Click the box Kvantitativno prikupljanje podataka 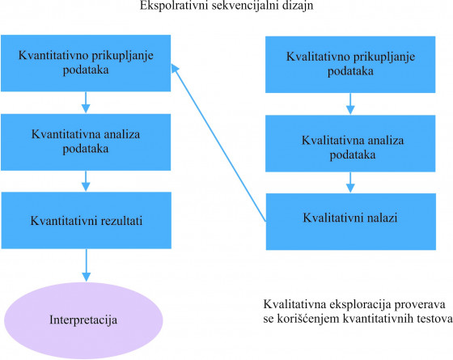click(86, 63)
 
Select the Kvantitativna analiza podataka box click(86, 142)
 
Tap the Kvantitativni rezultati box click(86, 220)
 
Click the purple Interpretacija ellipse click(83, 320)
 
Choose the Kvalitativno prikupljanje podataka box click(350, 65)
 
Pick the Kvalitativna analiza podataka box click(350, 144)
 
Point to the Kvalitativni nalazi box click(351, 222)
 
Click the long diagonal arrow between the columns click(218, 142)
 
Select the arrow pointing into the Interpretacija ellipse click(86, 265)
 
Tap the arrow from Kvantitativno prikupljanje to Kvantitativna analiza click(86, 103)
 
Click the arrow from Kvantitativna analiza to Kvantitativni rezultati click(86, 181)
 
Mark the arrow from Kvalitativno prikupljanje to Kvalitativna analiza click(350, 104)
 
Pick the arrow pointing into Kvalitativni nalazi click(350, 183)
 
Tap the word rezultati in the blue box click(121, 221)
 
